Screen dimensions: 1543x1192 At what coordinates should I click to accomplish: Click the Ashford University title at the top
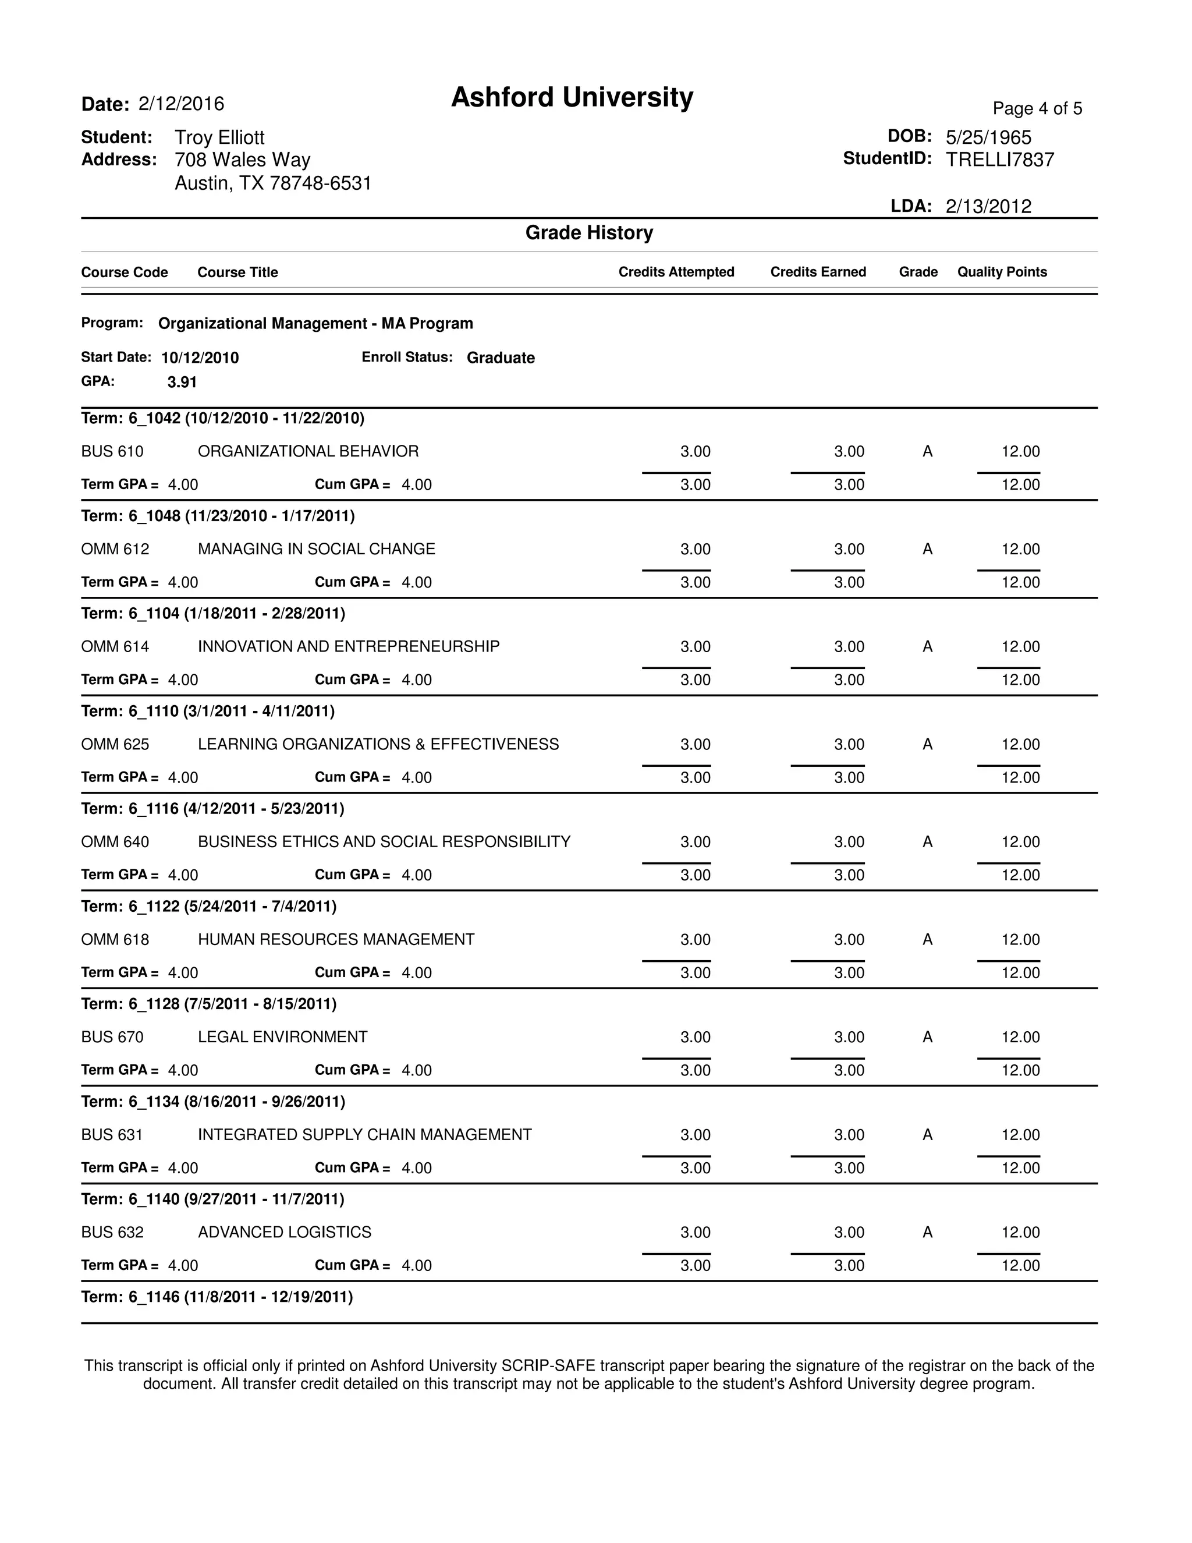[x=572, y=97]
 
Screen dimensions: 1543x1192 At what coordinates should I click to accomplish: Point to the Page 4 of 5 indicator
[x=1037, y=109]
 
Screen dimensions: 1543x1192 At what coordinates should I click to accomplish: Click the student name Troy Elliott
[x=219, y=138]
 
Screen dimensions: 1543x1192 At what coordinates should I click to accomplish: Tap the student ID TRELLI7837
[x=999, y=160]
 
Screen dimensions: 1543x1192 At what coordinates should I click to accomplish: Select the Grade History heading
[x=589, y=232]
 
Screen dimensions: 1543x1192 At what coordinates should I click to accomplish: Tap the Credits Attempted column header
[x=676, y=272]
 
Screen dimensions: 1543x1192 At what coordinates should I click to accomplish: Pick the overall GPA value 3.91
[x=182, y=382]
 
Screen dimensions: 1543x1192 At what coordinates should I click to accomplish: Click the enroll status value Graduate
[x=500, y=358]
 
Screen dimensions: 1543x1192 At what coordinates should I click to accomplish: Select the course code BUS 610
[x=112, y=451]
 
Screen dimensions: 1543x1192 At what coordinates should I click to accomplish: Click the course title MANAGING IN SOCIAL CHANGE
[x=317, y=549]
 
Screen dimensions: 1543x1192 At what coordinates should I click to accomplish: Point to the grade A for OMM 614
[x=927, y=646]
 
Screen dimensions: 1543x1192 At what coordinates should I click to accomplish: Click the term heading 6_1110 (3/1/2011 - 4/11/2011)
[x=208, y=711]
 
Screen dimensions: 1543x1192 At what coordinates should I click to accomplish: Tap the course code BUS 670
[x=112, y=1037]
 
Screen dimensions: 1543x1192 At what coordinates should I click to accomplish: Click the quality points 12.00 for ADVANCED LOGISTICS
[x=1020, y=1232]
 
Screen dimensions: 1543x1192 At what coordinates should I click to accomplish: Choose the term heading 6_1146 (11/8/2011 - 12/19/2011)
[x=217, y=1297]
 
